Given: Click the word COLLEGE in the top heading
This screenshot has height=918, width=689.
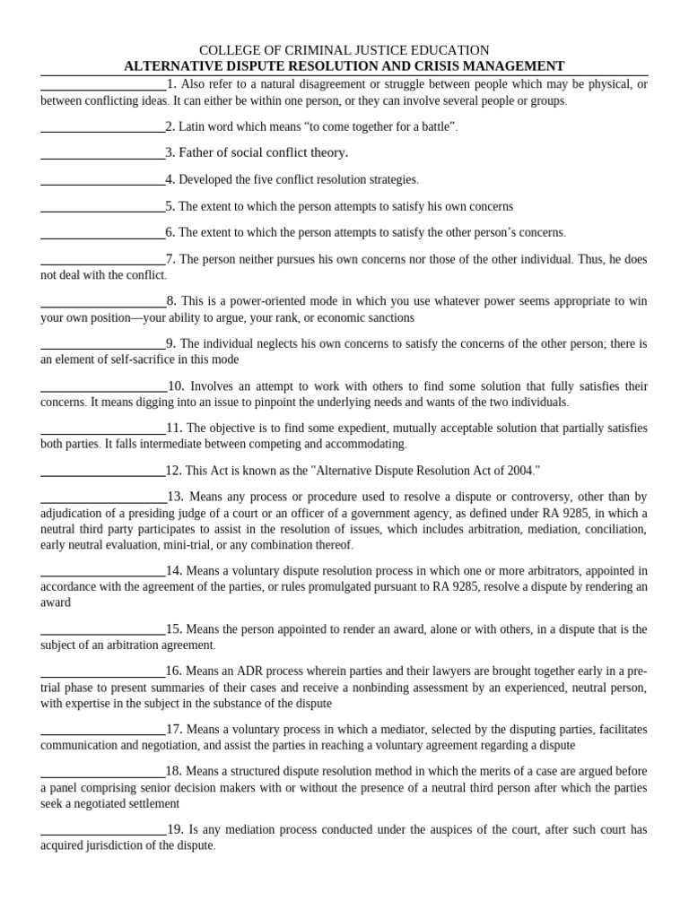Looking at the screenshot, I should click(x=228, y=50).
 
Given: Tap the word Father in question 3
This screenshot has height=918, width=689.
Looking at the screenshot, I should click(x=199, y=153).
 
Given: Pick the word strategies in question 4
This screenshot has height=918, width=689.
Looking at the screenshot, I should click(x=391, y=180).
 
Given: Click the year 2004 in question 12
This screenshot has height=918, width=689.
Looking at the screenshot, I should click(x=516, y=471).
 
